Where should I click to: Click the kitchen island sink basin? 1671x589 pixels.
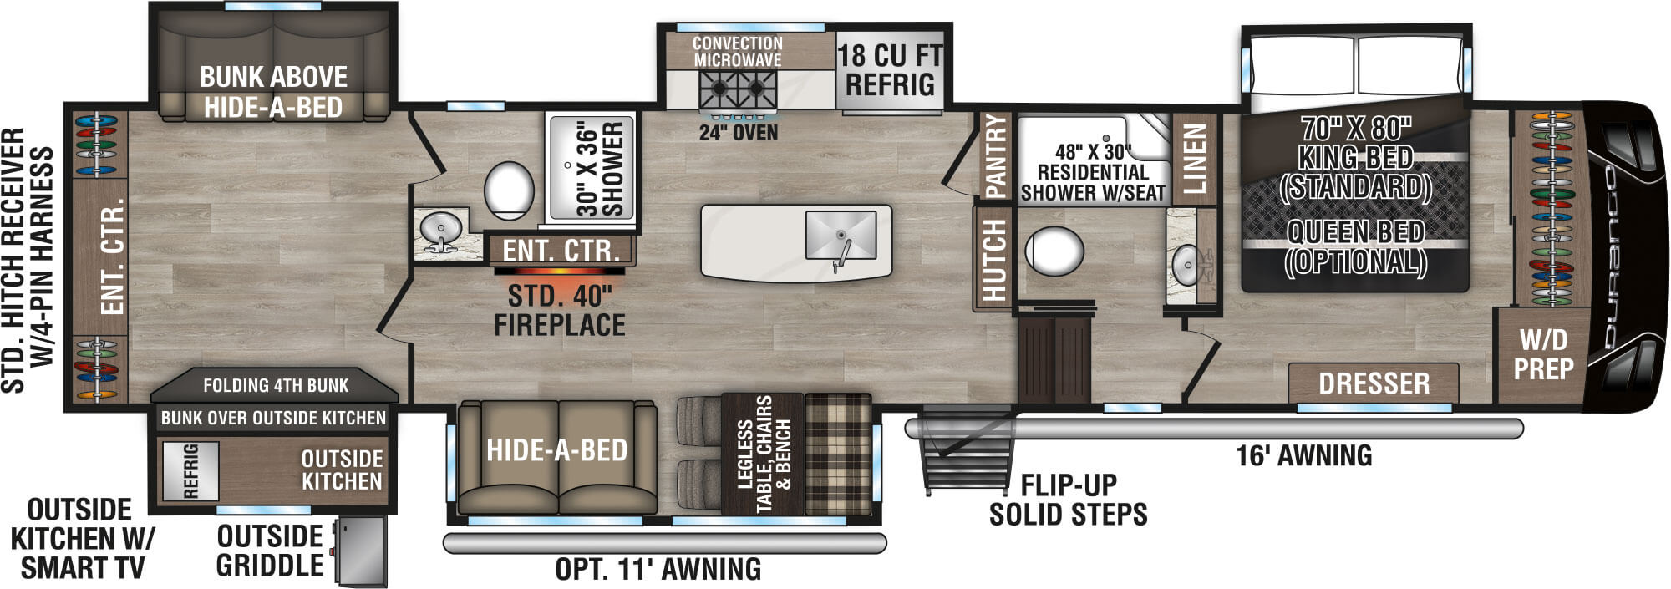coord(840,235)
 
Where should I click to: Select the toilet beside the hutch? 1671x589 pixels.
coord(1054,250)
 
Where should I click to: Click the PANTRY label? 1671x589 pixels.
coord(996,156)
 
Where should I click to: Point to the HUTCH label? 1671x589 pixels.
coord(993,259)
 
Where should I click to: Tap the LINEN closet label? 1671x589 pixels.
coord(1195,160)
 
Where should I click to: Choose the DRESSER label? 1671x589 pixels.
coord(1374,383)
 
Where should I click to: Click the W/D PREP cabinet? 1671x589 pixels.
coord(1542,354)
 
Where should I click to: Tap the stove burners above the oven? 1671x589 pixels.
coord(738,86)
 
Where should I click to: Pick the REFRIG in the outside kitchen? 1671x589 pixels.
coord(190,471)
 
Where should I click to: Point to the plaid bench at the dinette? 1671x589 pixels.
coord(837,454)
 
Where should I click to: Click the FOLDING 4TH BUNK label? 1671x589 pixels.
coord(276,385)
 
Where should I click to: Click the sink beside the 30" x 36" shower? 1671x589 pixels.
coord(439,227)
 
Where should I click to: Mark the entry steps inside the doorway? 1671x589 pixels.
coord(1054,359)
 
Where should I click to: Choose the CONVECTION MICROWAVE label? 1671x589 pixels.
coord(737,51)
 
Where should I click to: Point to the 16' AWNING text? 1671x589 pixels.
coord(1303,455)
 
